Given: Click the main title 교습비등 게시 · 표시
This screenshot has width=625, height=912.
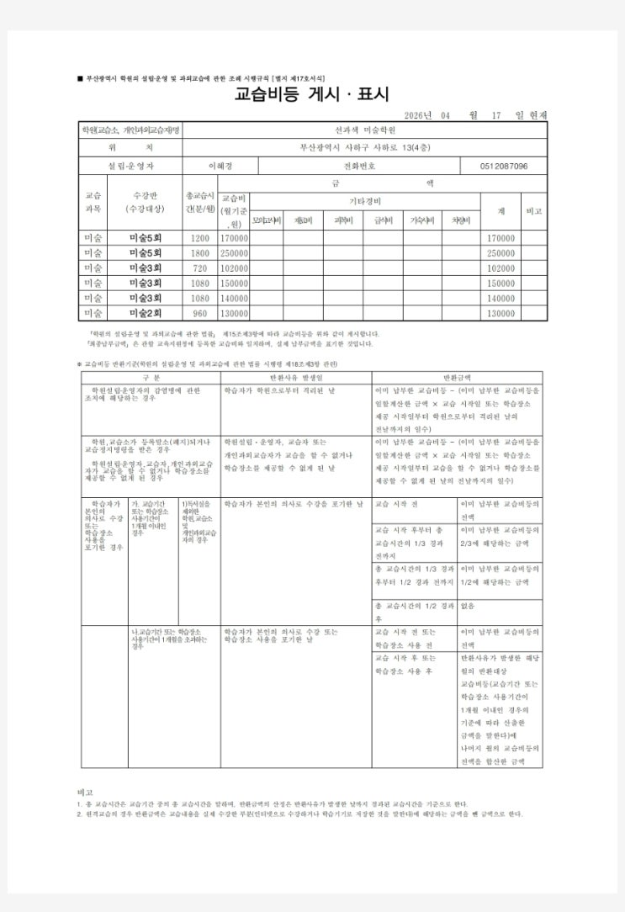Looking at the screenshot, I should tap(313, 95).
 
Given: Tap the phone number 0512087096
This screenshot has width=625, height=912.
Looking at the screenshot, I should tap(499, 167).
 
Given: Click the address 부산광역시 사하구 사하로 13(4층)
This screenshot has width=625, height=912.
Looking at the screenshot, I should tap(366, 148).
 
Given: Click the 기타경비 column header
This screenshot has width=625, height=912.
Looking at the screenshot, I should tap(365, 202).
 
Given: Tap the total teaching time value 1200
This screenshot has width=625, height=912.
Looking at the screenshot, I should tap(200, 239).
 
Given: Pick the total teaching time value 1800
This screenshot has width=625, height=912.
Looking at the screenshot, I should tap(200, 253).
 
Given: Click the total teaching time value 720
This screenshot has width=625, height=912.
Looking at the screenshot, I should tap(200, 268).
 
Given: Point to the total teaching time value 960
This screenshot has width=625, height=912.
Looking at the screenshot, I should tap(200, 313).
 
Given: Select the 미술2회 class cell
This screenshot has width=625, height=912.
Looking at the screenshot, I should tap(146, 313).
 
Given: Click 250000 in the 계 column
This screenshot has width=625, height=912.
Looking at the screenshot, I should tap(501, 253).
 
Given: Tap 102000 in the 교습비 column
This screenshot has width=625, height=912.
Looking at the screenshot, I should tap(235, 268).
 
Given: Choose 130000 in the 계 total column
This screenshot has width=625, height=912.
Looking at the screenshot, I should tap(501, 313).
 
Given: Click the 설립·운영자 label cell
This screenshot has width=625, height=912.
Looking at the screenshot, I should tap(131, 167).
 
